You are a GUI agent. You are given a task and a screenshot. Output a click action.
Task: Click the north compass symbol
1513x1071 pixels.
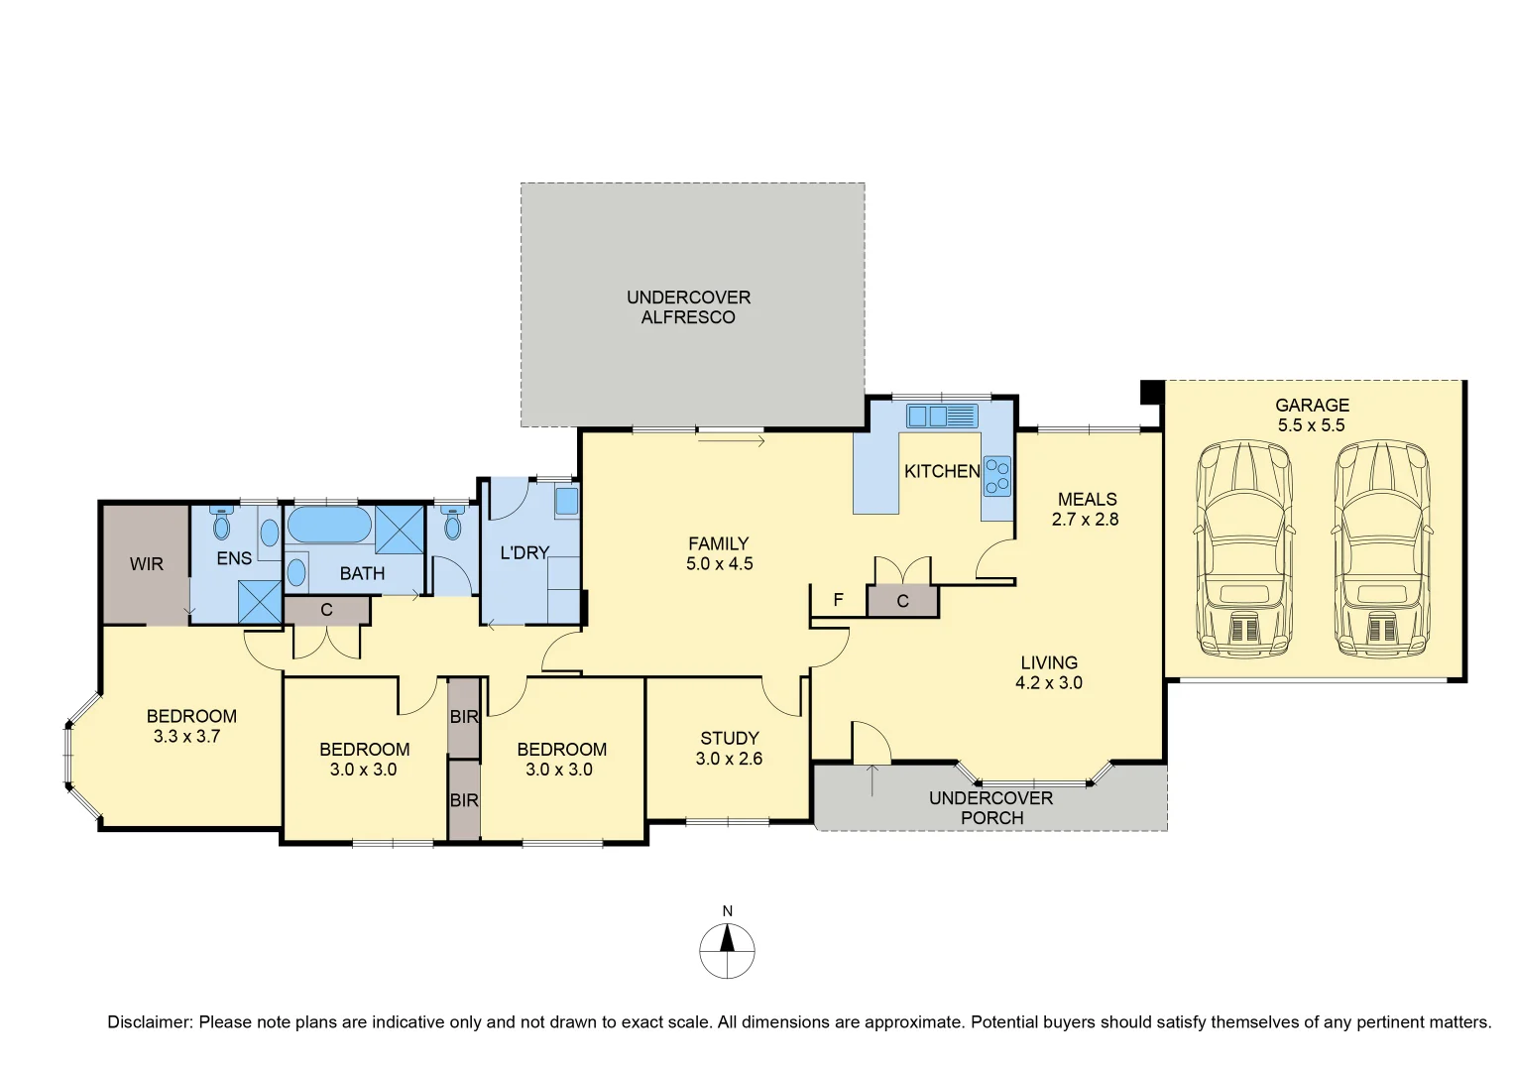[x=728, y=950]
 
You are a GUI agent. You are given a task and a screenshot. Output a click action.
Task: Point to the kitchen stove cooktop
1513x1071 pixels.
[x=996, y=476]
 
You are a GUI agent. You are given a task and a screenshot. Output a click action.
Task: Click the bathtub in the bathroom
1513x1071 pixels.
[x=329, y=525]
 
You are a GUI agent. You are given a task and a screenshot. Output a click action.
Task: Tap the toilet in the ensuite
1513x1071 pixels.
[x=221, y=524]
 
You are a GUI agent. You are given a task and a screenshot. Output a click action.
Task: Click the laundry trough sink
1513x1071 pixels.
[x=566, y=501]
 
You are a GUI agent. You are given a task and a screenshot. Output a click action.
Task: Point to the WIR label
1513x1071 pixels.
[x=147, y=564]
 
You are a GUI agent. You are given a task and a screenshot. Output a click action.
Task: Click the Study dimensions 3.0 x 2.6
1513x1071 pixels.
[x=729, y=759]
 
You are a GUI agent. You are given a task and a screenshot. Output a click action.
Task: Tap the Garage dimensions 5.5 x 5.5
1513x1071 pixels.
[x=1311, y=425]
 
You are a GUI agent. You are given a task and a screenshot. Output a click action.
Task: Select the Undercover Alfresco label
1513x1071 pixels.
[x=688, y=307]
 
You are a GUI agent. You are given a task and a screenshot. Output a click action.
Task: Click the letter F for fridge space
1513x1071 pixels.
[x=838, y=600]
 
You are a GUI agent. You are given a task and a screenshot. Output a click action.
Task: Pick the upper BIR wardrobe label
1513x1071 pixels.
[x=464, y=717]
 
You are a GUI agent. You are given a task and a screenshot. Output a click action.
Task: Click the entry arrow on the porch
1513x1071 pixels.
[x=873, y=779]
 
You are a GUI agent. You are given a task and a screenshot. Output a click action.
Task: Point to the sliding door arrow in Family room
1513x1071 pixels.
[x=731, y=439]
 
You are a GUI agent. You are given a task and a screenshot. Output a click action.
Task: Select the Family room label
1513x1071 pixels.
[x=719, y=543]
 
